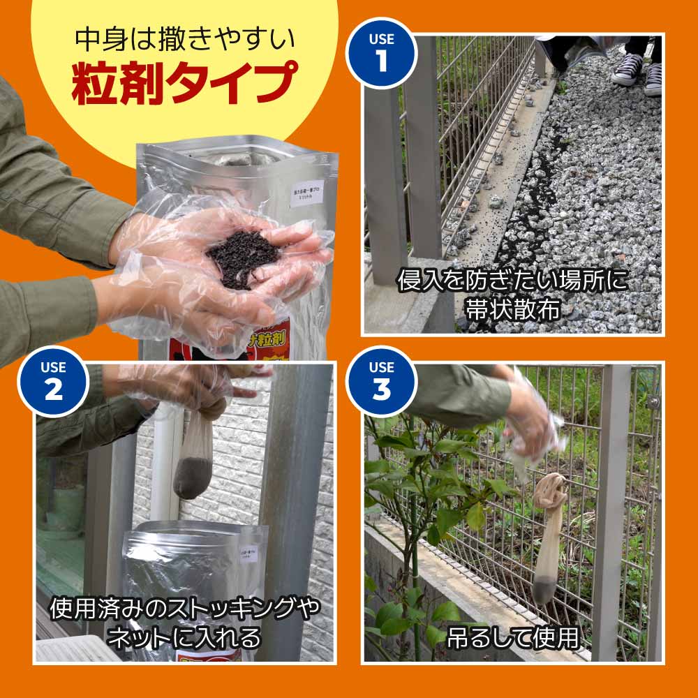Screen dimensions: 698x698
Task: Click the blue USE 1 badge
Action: coord(382,51)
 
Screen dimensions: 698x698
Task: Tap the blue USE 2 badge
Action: coord(53,380)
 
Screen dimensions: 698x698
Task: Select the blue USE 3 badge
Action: coord(382,380)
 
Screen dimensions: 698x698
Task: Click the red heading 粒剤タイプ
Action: coord(183,82)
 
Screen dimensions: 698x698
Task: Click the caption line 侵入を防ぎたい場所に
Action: coord(513,281)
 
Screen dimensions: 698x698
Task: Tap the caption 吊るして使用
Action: coord(514,637)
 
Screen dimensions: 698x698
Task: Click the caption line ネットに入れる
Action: coord(185,637)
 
